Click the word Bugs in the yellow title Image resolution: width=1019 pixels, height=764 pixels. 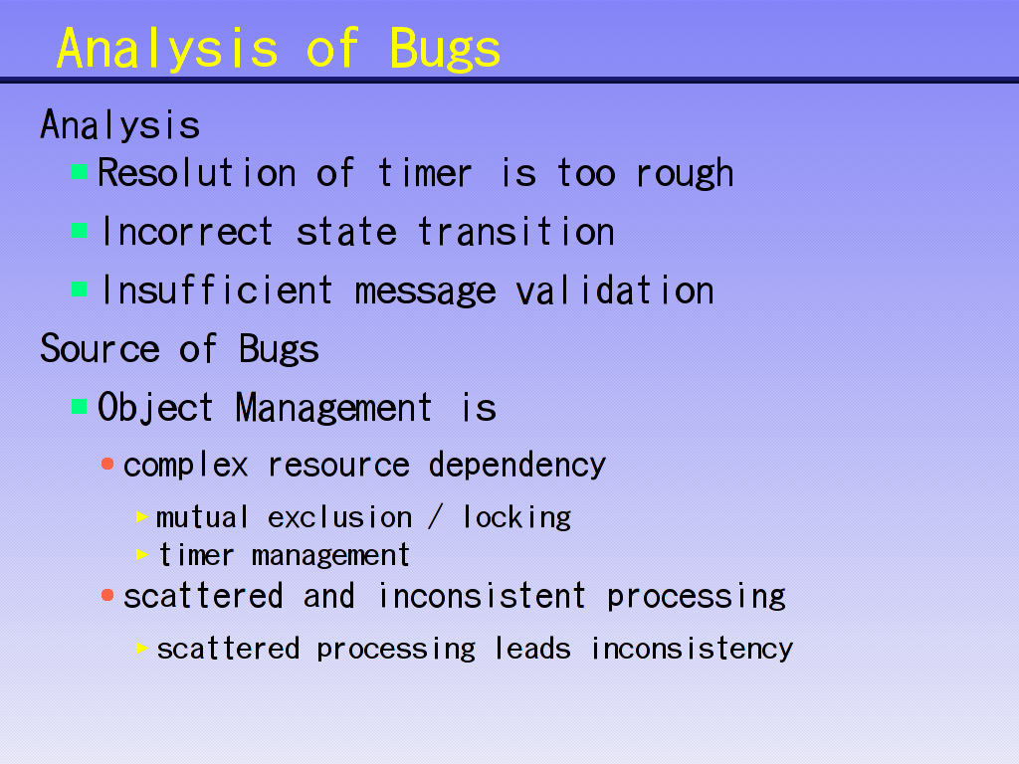pyautogui.click(x=445, y=50)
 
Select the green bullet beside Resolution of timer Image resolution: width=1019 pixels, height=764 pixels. pyautogui.click(x=80, y=172)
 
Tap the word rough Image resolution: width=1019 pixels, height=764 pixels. pyautogui.click(x=685, y=175)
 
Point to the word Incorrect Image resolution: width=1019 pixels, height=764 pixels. pyautogui.click(x=187, y=231)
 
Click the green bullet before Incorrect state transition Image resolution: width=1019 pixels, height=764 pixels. pyautogui.click(x=80, y=231)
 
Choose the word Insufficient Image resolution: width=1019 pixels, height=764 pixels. pyautogui.click(x=217, y=289)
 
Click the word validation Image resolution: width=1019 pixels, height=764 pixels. pyautogui.click(x=615, y=289)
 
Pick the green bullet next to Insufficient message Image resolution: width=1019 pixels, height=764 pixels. pyautogui.click(x=80, y=289)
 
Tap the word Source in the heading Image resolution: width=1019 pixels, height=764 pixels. pyautogui.click(x=101, y=349)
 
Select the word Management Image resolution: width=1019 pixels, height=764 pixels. pyautogui.click(x=333, y=409)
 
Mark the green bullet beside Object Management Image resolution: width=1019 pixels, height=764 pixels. pyautogui.click(x=80, y=407)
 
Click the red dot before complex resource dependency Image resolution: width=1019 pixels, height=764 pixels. pyautogui.click(x=107, y=464)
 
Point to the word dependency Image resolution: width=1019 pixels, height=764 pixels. pyautogui.click(x=517, y=466)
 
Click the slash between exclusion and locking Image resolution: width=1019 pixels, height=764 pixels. pyautogui.click(x=436, y=517)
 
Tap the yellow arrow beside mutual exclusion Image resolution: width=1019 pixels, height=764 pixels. pyautogui.click(x=142, y=517)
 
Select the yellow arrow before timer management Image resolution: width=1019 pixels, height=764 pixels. pyautogui.click(x=142, y=555)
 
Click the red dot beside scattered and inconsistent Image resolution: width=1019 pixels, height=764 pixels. pyautogui.click(x=107, y=595)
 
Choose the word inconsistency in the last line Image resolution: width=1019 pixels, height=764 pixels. pyautogui.click(x=693, y=649)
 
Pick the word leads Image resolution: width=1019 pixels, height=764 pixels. pyautogui.click(x=533, y=648)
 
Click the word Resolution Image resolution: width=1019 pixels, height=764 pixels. pyautogui.click(x=197, y=173)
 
